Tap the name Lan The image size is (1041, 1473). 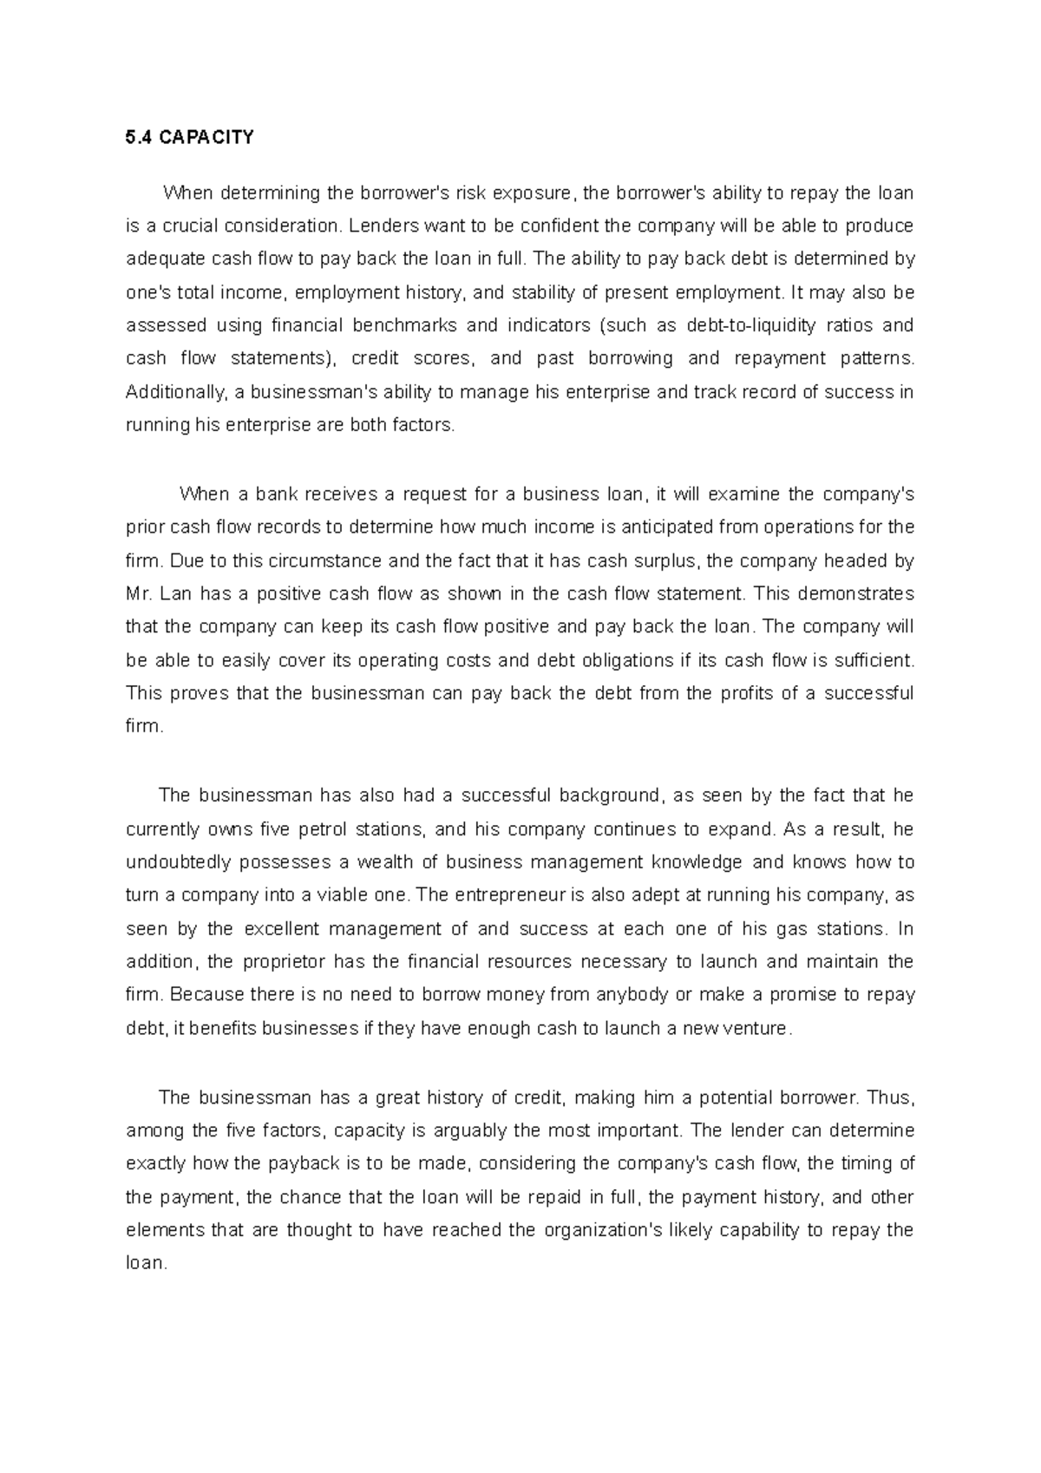pos(175,594)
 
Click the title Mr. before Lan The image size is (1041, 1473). pos(139,594)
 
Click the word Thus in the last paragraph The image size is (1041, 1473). pos(889,1097)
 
